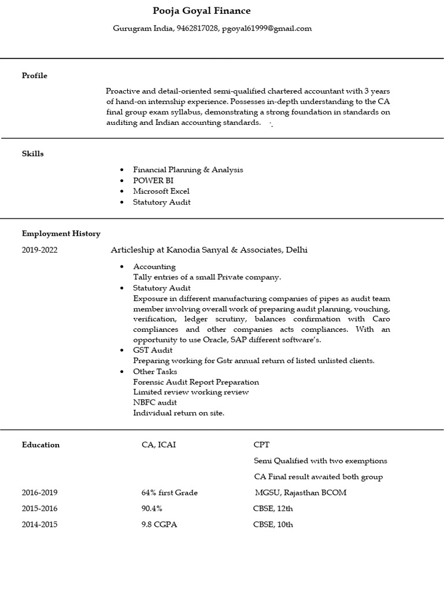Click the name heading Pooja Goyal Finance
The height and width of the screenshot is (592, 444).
coord(202,11)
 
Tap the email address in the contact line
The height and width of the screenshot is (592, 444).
coord(267,28)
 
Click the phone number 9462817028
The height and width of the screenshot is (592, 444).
coord(198,28)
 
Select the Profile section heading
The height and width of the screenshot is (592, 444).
coord(35,76)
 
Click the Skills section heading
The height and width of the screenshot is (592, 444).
coord(33,154)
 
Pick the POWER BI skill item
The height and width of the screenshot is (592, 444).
coord(153,180)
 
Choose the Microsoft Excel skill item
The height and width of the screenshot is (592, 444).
coord(161,191)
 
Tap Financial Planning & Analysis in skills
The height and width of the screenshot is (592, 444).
coord(188,170)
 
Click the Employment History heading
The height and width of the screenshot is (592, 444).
coord(61,234)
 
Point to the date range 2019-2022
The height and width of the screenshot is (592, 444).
coord(40,250)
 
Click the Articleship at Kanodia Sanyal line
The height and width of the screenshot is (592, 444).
coord(209,250)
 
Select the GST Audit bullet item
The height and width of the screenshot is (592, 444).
coord(153,350)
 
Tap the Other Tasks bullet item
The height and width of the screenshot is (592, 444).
coord(155,372)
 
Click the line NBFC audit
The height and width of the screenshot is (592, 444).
coord(155,402)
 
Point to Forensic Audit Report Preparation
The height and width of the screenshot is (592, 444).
coord(196,382)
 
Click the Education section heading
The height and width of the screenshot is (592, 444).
coord(41,445)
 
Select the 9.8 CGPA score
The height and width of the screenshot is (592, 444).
coord(160,525)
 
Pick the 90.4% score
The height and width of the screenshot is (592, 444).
coord(152,509)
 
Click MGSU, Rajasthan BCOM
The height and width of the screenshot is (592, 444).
coord(301,493)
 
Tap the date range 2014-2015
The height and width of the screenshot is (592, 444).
coord(40,525)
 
